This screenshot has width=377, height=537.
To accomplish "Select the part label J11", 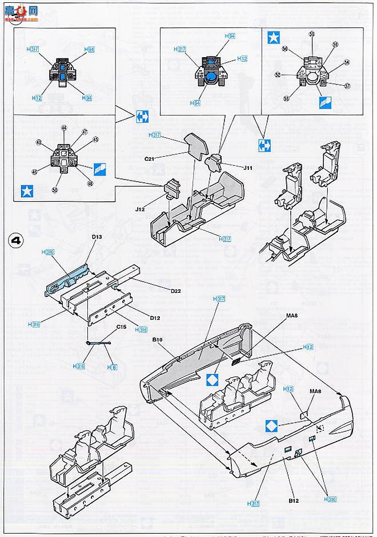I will (247, 168).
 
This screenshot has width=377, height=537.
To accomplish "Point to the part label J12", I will (140, 209).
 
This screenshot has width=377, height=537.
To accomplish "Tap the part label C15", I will (121, 327).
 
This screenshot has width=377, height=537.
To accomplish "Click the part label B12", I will (294, 501).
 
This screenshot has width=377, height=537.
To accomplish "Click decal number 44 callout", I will (64, 128).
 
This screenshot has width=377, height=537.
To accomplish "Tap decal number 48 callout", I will (90, 184).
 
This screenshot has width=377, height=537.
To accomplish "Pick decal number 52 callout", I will (278, 75).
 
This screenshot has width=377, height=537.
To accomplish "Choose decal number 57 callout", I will (346, 86).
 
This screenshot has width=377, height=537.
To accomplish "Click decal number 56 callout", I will (284, 49).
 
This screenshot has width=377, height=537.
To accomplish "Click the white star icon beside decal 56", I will (274, 38).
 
